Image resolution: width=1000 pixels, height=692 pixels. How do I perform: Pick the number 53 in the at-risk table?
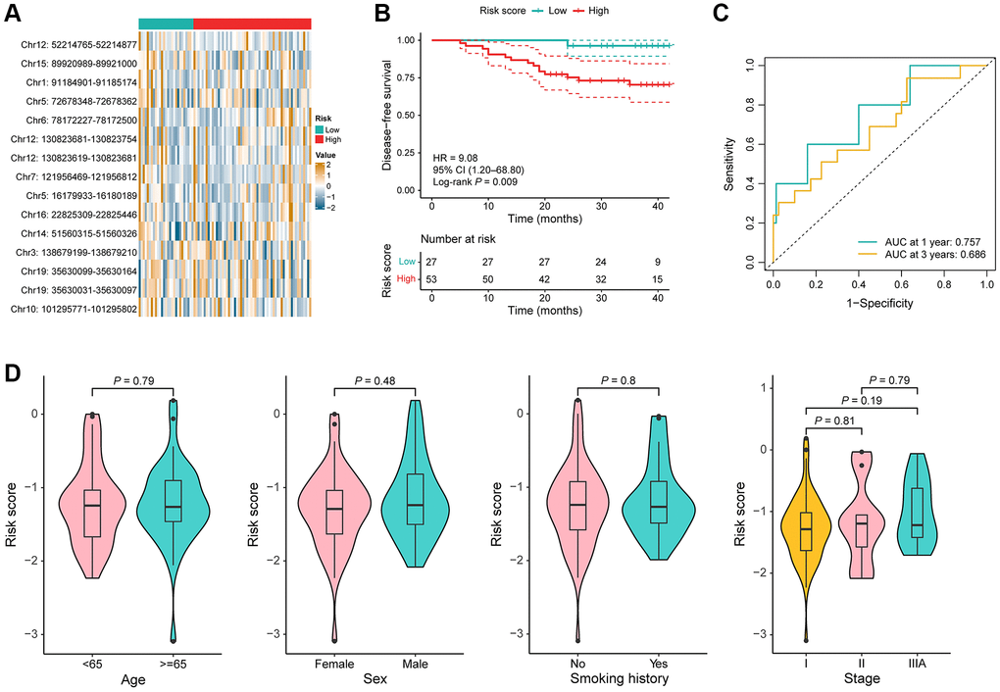tap(432, 279)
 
